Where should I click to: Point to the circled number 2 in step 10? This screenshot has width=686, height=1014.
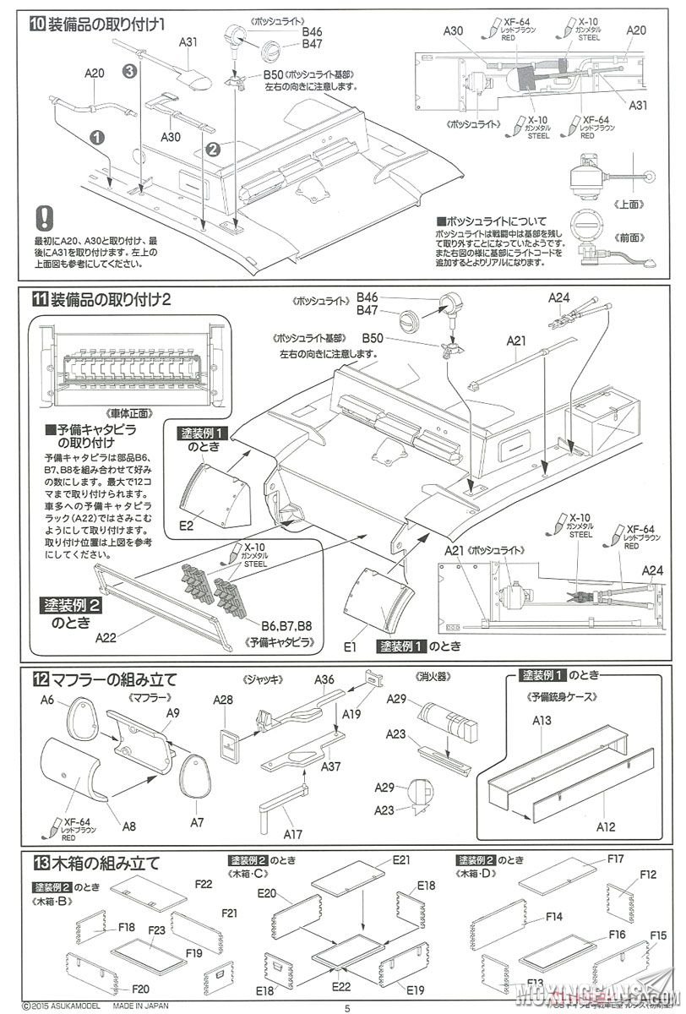coord(214,149)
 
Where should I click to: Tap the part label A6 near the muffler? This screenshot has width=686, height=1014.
coord(47,700)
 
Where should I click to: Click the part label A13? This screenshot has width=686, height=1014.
coord(542,720)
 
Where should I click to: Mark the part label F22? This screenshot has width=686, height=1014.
coord(203,884)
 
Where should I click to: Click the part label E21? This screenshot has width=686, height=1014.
coord(400,859)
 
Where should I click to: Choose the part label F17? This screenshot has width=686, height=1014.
coord(615,859)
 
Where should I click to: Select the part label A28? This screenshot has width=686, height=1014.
coord(222,700)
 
